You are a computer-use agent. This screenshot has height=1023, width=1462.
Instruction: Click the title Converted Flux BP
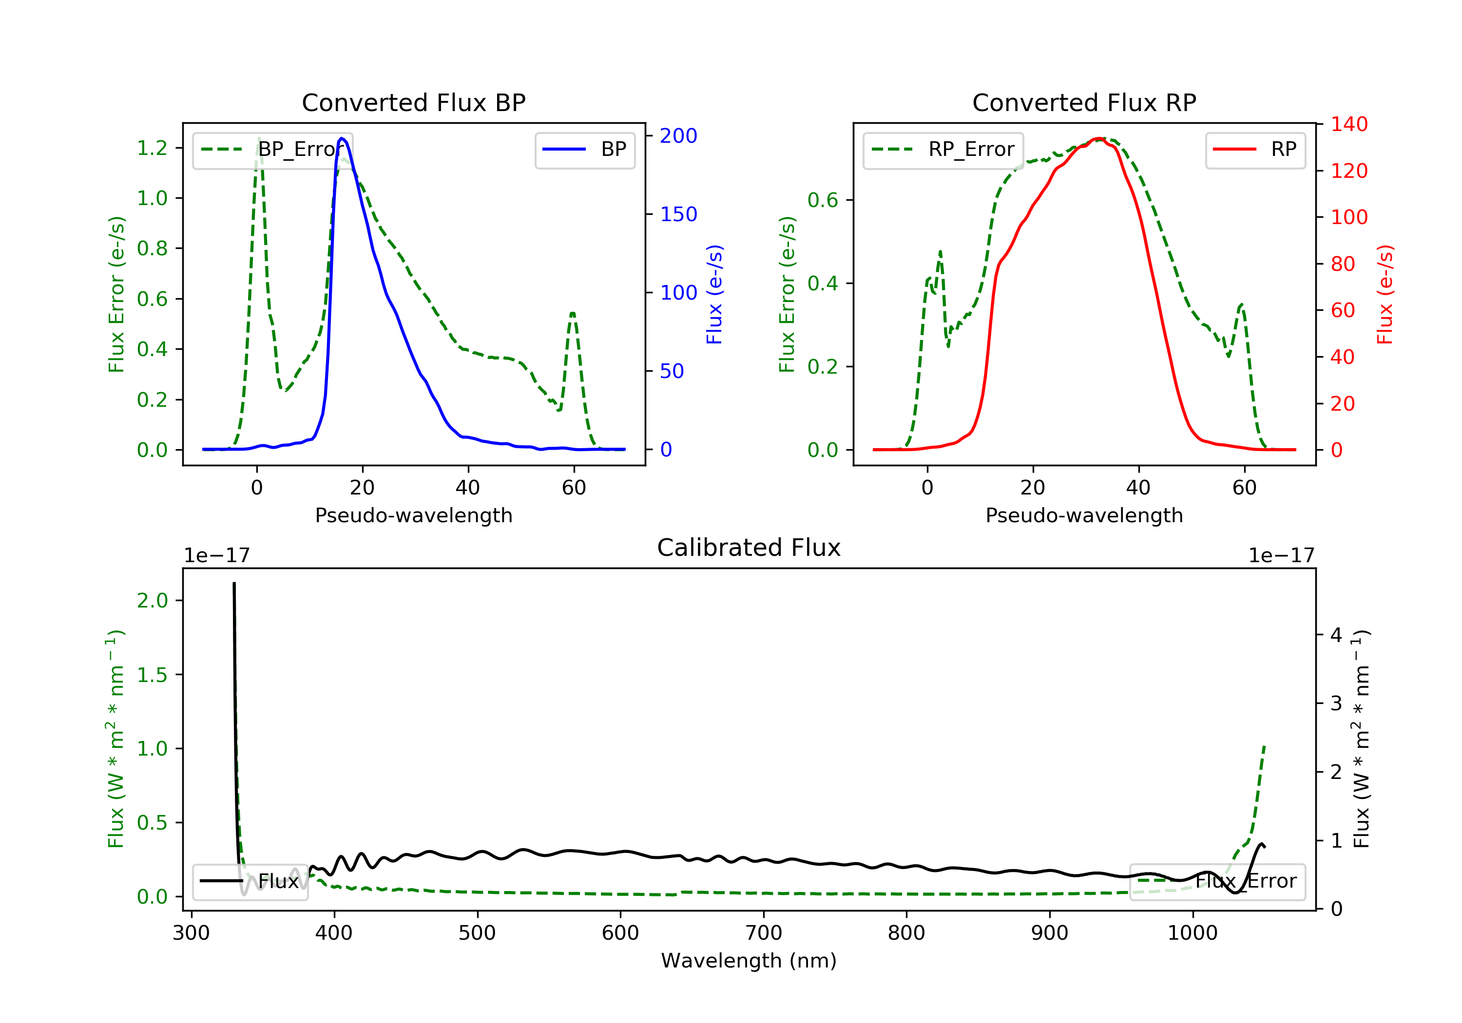click(413, 102)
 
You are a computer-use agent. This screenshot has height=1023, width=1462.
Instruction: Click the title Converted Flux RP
click(1084, 102)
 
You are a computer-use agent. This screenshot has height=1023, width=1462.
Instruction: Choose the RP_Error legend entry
click(943, 150)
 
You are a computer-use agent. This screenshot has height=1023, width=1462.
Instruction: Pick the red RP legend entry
click(1254, 150)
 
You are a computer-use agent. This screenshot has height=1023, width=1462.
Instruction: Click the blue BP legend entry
click(584, 150)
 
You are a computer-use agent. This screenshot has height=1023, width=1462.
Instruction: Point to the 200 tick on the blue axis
click(678, 135)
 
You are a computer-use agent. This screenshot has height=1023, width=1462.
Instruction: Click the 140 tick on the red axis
click(1348, 124)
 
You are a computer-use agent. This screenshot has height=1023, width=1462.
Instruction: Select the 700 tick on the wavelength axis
click(764, 933)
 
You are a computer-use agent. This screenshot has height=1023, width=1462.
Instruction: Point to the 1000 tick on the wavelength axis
click(1192, 933)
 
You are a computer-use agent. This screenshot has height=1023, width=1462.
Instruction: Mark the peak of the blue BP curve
click(342, 138)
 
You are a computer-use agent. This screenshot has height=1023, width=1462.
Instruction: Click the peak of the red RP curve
click(1098, 138)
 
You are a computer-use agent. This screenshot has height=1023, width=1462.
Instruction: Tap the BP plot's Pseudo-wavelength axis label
click(413, 515)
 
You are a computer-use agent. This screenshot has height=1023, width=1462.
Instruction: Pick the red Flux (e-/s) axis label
click(1385, 294)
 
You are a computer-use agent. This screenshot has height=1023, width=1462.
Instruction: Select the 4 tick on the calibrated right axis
click(1336, 635)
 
